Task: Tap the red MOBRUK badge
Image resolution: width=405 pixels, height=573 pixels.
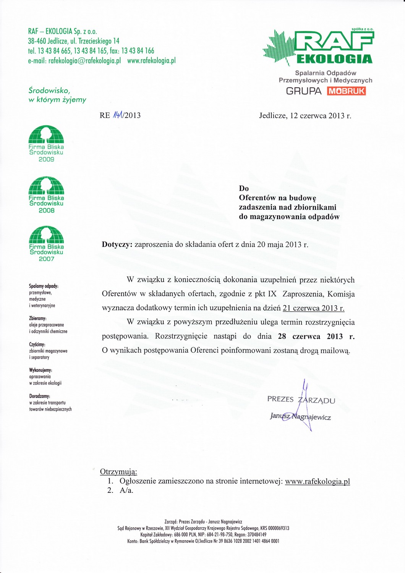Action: pos(346,91)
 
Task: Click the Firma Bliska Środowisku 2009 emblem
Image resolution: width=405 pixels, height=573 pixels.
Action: pos(46,144)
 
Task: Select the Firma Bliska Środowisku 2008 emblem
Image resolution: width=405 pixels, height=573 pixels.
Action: pos(46,194)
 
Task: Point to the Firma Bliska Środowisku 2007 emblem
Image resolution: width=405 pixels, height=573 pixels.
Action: pos(46,243)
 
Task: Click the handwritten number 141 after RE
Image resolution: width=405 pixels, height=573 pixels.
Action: pos(118,115)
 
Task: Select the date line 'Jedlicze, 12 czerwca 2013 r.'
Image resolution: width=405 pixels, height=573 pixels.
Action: pos(305,115)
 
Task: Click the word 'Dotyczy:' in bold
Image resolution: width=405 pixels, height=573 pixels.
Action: pos(117,244)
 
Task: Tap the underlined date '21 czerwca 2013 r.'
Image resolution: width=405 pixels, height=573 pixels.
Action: pos(313,308)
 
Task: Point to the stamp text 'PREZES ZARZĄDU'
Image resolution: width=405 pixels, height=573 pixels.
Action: pos(301,400)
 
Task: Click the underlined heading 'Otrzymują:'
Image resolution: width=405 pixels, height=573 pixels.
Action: pos(118,471)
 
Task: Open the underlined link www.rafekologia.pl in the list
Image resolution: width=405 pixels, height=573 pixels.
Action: pos(318,481)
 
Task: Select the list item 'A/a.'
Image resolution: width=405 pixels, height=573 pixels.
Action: pos(126,490)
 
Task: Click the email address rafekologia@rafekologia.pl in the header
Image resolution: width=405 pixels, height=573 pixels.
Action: pos(84,60)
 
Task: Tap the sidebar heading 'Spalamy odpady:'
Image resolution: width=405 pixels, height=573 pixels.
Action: pos(44,286)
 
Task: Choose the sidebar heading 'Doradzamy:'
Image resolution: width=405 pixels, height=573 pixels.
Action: pos(40,396)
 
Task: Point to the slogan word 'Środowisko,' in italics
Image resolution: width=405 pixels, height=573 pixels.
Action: pos(49,91)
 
